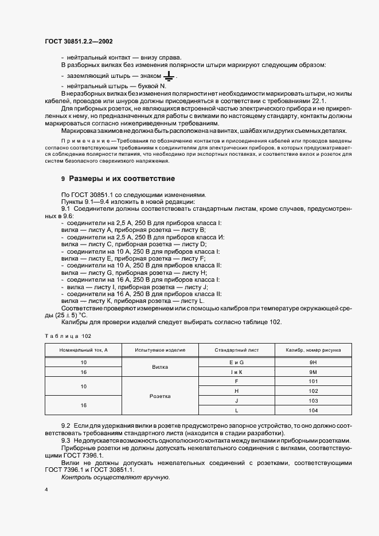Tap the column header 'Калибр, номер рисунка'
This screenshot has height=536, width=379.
pos(313,349)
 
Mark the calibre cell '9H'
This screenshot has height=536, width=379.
pos(313,362)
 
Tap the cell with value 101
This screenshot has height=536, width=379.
pos(313,381)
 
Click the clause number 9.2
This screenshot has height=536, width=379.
pos(65,427)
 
